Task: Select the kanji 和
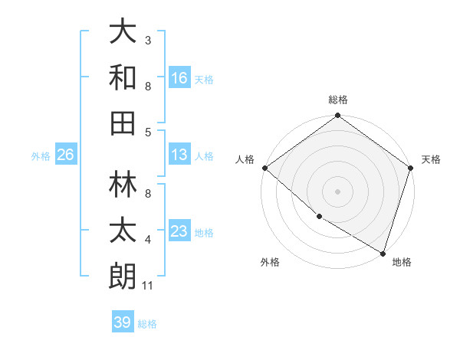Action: pyautogui.click(x=123, y=77)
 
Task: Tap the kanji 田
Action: pyautogui.click(x=123, y=122)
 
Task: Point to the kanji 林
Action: pyautogui.click(x=123, y=183)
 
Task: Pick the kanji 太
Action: pyautogui.click(x=123, y=230)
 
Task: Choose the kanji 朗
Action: pyautogui.click(x=123, y=275)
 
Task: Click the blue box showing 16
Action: pyautogui.click(x=179, y=77)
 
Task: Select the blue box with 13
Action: pyautogui.click(x=179, y=155)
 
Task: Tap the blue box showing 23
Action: pyautogui.click(x=179, y=232)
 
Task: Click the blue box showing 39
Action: pyautogui.click(x=123, y=322)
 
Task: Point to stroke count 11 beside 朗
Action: pyautogui.click(x=148, y=286)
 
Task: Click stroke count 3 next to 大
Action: pyautogui.click(x=148, y=40)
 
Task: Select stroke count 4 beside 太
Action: pyautogui.click(x=148, y=241)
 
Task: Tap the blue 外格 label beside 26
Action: pyautogui.click(x=41, y=156)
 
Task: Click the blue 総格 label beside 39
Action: pyautogui.click(x=148, y=324)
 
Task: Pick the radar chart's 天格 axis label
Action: pyautogui.click(x=431, y=159)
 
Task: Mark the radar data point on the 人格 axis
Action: pyautogui.click(x=264, y=168)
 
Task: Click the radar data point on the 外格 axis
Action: pyautogui.click(x=319, y=217)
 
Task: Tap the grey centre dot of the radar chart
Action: pyautogui.click(x=337, y=191)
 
